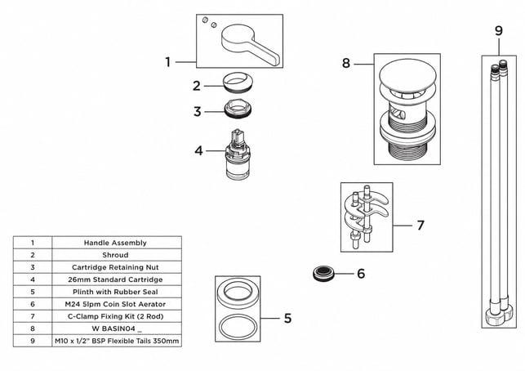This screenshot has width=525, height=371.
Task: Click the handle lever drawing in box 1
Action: (250, 42)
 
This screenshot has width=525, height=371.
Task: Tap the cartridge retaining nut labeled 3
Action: (238, 109)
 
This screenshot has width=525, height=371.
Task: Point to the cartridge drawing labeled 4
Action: (238, 154)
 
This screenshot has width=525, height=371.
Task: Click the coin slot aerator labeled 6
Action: (324, 274)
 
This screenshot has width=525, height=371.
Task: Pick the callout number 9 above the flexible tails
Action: (499, 31)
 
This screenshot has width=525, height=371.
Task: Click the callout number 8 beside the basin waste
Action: (346, 63)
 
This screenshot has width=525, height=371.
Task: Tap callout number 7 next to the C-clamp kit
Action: (420, 225)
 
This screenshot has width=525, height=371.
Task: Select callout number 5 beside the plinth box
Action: (287, 318)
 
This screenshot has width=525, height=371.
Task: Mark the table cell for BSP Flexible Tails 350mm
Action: (117, 341)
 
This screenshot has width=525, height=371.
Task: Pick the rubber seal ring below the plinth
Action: (238, 327)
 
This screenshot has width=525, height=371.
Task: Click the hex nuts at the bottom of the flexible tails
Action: (499, 316)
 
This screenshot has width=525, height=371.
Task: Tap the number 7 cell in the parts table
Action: (33, 316)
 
